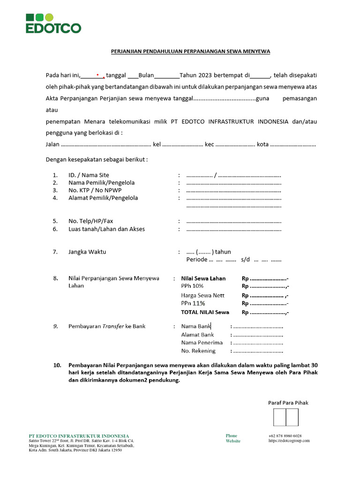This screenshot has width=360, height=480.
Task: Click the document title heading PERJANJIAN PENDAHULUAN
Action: coord(190,51)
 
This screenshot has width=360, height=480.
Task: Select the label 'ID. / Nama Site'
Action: coord(89,175)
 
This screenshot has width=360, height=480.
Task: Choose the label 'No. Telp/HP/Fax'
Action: coord(90,221)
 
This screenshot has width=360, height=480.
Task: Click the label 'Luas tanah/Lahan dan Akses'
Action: coord(106,229)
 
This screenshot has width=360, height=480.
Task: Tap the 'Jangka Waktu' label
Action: coord(87,252)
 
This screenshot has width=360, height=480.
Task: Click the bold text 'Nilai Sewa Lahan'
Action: coord(203,278)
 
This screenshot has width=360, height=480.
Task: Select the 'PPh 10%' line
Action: coord(192,286)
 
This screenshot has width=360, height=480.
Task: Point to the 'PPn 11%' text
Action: coord(193,303)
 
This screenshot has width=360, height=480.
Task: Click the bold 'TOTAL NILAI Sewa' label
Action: coord(205,312)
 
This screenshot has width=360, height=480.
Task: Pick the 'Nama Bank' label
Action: coord(196,326)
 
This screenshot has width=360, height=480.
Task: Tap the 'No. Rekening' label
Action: coord(198,351)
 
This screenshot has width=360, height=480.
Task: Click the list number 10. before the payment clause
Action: coord(57,365)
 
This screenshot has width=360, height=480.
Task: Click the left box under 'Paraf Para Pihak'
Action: coord(280,417)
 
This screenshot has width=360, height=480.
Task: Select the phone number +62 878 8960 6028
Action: coord(285,435)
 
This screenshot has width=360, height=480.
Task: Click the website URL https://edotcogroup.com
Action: coord(289,441)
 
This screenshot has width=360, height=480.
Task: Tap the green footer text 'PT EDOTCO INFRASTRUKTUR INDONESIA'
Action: coord(79,436)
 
